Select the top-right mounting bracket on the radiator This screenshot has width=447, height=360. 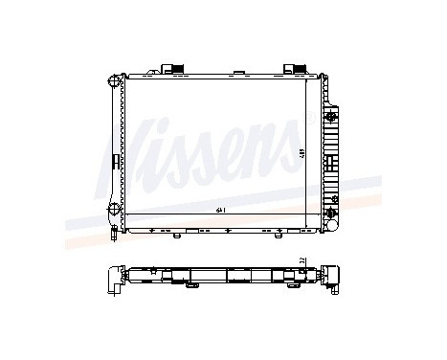click(292, 69)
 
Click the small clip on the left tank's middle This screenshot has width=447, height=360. click(112, 159)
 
